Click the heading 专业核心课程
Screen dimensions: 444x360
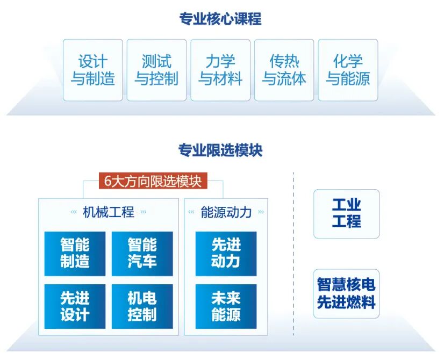[x=220, y=19]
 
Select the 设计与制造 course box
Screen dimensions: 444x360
[x=93, y=70]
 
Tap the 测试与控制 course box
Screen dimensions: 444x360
[x=156, y=70]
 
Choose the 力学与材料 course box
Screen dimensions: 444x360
[x=220, y=70]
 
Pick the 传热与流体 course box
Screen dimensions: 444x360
[x=284, y=70]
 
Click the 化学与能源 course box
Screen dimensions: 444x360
[x=348, y=70]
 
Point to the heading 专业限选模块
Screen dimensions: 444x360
[x=220, y=150]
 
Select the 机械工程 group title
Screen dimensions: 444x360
[x=109, y=212]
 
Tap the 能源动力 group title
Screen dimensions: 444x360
[x=226, y=212]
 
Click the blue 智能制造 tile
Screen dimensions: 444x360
[x=75, y=254]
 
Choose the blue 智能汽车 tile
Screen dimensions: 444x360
[x=142, y=254]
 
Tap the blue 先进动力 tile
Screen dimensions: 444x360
[x=226, y=254]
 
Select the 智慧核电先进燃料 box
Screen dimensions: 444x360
[x=346, y=293]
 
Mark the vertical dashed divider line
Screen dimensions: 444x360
[x=293, y=253]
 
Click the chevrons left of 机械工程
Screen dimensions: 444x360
[x=74, y=212]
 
